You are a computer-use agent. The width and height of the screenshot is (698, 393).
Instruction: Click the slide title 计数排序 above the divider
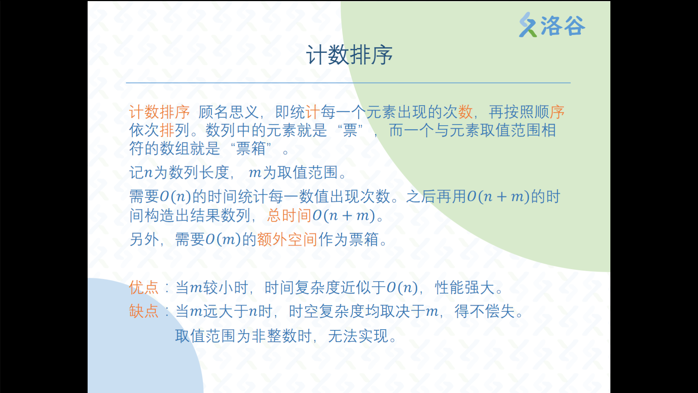tap(349, 55)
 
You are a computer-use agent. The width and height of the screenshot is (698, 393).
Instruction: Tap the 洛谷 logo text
tap(563, 25)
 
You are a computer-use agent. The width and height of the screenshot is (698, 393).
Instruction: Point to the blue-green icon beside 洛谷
tap(528, 25)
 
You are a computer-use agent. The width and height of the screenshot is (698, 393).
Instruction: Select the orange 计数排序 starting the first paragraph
tap(160, 112)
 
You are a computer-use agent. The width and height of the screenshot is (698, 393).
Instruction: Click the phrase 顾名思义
tap(228, 112)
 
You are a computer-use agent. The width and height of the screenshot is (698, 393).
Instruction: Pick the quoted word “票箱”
tap(251, 148)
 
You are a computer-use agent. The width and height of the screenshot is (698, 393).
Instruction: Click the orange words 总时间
tap(289, 215)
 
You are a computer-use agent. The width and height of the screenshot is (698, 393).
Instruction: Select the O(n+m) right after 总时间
tap(344, 215)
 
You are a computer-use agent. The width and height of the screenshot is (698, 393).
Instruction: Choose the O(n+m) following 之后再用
tap(498, 196)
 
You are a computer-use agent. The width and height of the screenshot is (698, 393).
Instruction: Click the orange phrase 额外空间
tap(288, 239)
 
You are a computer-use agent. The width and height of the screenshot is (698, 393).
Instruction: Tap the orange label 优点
tap(144, 287)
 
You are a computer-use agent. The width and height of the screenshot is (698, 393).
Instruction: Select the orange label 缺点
tap(144, 311)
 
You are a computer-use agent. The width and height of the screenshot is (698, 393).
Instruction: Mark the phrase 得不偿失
tap(485, 311)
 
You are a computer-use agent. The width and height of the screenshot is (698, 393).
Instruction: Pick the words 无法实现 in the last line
tap(358, 336)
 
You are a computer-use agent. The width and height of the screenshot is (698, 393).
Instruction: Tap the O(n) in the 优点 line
tap(402, 287)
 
